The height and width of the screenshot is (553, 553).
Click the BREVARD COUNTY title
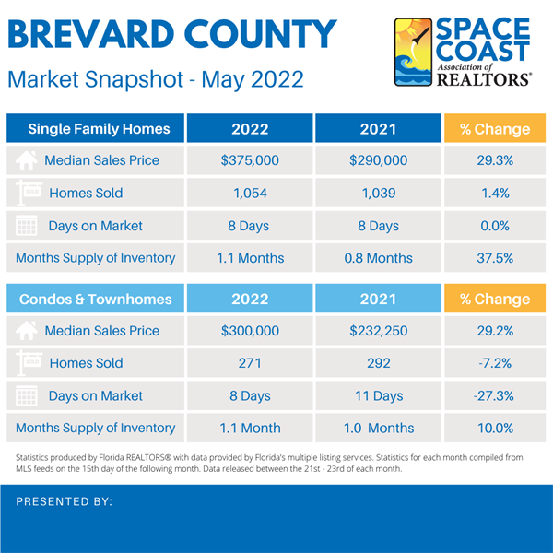pos(172,34)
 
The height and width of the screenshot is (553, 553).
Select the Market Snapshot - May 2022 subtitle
pos(155,79)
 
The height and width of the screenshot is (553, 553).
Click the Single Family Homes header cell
pos(98,129)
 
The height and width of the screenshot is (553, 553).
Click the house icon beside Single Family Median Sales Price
pos(29,160)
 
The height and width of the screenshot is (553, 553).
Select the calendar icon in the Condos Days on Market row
pos(29,396)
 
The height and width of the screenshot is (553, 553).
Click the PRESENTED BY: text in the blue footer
pos(65,501)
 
